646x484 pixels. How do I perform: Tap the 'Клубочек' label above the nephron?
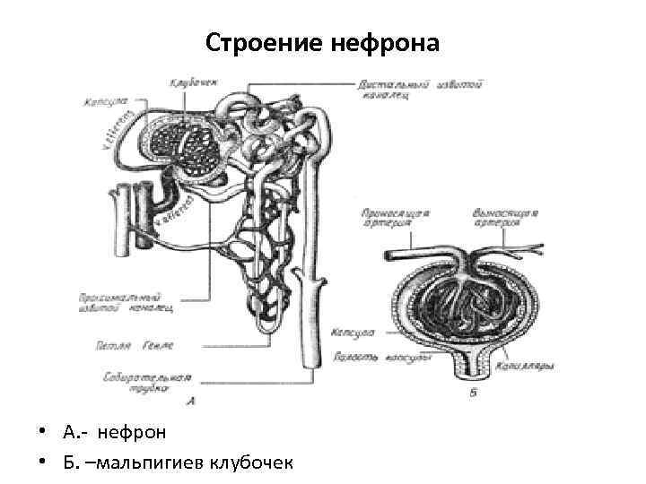pos(191,83)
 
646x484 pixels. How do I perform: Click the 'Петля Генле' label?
pos(134,344)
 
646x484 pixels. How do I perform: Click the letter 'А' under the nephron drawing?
pos(192,400)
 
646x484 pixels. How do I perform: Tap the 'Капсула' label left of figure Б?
pos(352,331)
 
